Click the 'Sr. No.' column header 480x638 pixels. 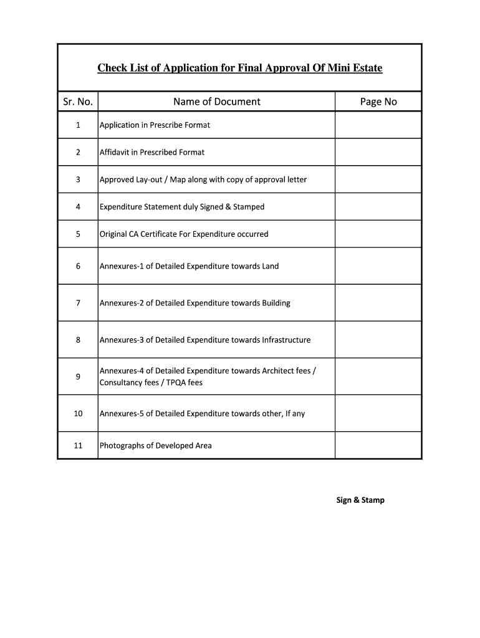coord(78,102)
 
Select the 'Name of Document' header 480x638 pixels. coord(216,102)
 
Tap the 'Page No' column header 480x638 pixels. coord(378,102)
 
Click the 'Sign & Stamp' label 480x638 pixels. coord(360,500)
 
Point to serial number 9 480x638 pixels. coord(78,376)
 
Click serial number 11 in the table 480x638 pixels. coord(78,445)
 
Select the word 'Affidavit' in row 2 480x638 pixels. coord(115,152)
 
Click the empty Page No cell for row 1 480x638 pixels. coord(378,125)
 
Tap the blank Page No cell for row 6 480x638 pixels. coord(378,266)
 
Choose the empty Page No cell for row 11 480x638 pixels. coord(378,445)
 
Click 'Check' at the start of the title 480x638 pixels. coord(110,67)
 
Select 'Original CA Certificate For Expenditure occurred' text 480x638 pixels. coord(184,234)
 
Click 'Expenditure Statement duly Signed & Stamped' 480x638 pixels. coord(182,207)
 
